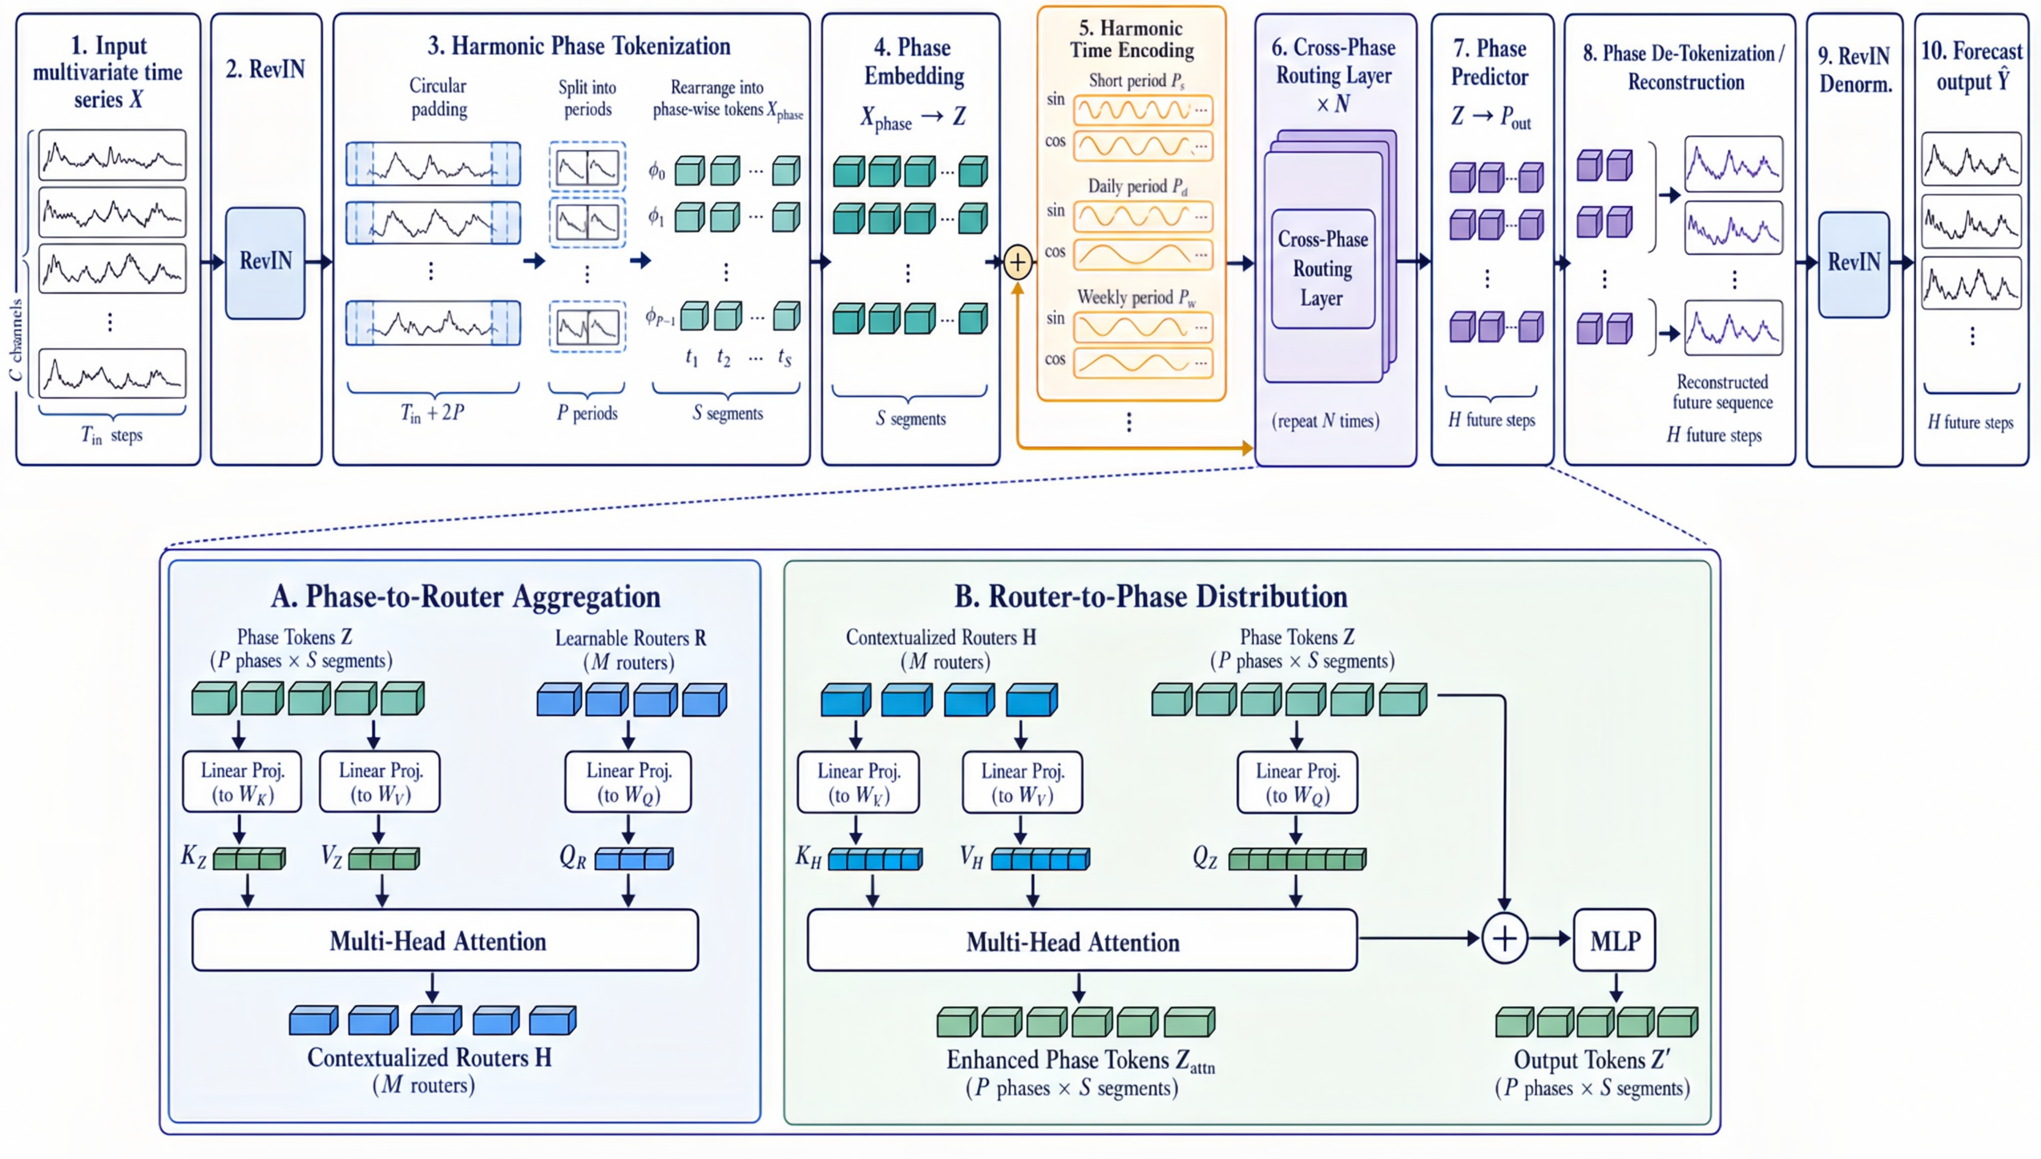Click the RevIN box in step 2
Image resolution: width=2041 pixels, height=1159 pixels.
click(x=265, y=263)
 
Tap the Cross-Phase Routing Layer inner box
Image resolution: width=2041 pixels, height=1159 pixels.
click(x=1323, y=269)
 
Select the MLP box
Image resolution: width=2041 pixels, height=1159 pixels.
click(x=1615, y=940)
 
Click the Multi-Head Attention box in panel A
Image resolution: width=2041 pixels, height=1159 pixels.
click(x=445, y=940)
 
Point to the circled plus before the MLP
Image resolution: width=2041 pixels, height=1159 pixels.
click(x=1504, y=939)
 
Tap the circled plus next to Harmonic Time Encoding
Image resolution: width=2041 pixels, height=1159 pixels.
click(x=1018, y=262)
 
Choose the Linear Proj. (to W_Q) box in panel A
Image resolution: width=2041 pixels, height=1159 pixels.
click(x=628, y=782)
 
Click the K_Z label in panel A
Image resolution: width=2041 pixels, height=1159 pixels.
click(x=194, y=856)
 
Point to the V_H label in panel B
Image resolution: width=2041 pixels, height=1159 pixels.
click(x=971, y=857)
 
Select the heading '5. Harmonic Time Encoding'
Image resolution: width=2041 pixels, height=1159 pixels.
click(x=1131, y=39)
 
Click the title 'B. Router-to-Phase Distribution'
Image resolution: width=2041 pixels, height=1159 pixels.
click(x=1151, y=596)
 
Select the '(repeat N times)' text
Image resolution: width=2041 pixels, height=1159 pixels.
click(x=1325, y=420)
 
